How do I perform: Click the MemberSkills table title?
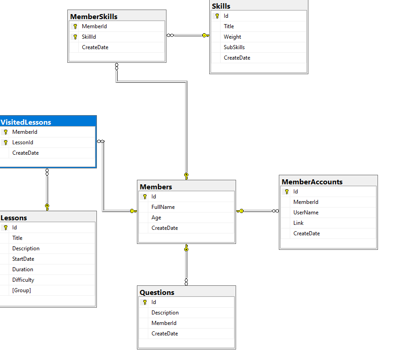(x=94, y=16)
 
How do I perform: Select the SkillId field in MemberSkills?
(x=89, y=37)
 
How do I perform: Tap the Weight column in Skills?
(x=232, y=37)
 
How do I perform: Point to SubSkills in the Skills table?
(x=234, y=47)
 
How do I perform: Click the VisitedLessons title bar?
(x=26, y=122)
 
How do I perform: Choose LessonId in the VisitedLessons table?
(x=23, y=142)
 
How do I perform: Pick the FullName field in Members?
(x=163, y=207)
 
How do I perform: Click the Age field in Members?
(x=156, y=218)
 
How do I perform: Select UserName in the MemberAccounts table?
(x=306, y=213)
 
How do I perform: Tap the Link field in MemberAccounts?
(x=298, y=223)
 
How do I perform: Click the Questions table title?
(x=157, y=292)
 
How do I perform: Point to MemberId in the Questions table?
(x=164, y=323)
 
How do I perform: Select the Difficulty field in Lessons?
(x=23, y=280)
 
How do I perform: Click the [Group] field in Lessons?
(x=21, y=290)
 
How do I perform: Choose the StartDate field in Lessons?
(x=23, y=259)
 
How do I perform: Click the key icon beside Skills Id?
(x=217, y=16)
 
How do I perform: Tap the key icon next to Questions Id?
(x=145, y=302)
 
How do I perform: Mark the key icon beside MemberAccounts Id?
(x=287, y=192)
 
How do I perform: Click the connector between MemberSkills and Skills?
(x=187, y=35)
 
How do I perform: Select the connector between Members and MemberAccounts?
(x=257, y=211)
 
